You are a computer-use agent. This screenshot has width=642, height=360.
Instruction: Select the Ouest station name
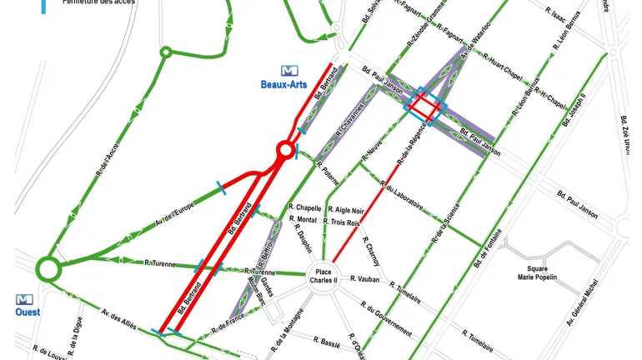point(27,312)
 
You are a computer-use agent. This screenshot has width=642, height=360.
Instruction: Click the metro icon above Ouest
point(25,298)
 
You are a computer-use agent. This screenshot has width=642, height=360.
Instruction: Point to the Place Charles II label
point(322,276)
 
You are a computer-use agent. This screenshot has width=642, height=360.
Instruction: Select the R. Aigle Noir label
point(346,210)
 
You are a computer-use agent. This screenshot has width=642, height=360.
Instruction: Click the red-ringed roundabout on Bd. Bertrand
point(285,151)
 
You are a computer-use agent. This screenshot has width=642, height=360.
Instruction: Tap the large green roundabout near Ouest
point(48,269)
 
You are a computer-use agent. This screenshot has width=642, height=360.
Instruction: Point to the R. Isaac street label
point(555,15)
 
